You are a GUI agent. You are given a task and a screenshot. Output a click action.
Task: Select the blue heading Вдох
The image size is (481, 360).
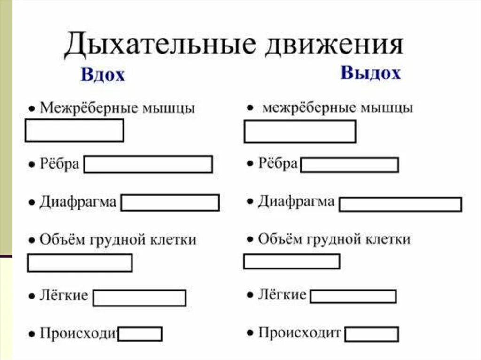[103, 75]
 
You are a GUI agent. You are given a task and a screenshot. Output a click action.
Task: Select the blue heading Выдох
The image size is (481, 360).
[371, 74]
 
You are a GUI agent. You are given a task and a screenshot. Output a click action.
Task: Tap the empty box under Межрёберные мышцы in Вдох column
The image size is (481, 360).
[74, 130]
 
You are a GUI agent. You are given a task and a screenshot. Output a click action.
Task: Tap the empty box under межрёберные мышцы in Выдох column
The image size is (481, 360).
[300, 131]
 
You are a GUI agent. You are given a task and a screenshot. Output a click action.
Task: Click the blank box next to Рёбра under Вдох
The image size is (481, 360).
[148, 165]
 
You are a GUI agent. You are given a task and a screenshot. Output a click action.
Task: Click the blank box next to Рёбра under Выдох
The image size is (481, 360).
[349, 165]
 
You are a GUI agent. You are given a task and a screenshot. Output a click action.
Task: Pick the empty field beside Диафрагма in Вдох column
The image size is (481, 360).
[171, 203]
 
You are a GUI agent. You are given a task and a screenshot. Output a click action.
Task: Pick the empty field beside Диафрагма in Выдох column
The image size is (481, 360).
[400, 204]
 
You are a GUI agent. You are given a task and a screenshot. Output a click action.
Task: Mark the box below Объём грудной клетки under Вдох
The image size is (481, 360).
[80, 263]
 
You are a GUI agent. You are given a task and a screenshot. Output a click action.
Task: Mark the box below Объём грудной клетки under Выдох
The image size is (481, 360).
[292, 261]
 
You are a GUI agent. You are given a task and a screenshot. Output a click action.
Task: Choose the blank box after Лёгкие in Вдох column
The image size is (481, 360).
[140, 298]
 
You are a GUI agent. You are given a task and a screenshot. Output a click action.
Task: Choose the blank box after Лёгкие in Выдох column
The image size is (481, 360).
[353, 297]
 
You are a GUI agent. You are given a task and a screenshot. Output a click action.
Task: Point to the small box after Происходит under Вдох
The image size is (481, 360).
[140, 334]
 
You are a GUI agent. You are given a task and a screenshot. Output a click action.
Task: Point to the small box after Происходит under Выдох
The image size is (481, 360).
[372, 335]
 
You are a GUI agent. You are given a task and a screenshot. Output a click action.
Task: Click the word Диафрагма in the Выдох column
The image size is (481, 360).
[296, 202]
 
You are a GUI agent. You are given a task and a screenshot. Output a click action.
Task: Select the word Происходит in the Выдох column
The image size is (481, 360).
[300, 333]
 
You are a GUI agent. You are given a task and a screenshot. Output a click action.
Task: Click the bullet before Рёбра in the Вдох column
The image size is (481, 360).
[31, 165]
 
